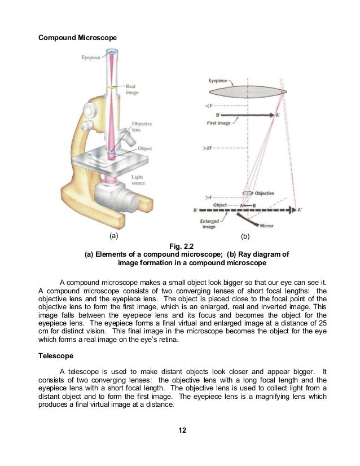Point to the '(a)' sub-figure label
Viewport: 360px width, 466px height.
click(113, 235)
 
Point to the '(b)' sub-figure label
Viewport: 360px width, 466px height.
click(245, 235)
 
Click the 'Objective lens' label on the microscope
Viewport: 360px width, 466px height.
click(142, 127)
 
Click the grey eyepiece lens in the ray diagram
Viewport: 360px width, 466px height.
click(248, 91)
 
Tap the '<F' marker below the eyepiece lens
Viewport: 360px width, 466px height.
click(209, 105)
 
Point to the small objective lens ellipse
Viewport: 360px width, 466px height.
click(248, 193)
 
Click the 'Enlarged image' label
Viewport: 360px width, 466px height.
click(210, 225)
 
